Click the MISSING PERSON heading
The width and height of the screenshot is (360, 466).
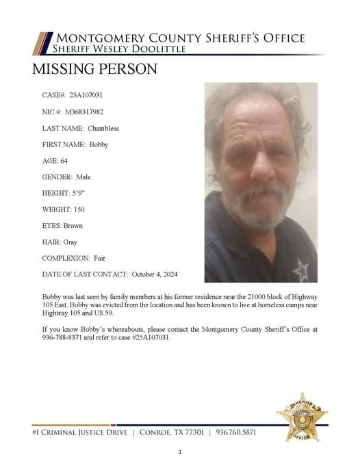pos(94,69)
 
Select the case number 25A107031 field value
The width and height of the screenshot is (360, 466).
pos(86,94)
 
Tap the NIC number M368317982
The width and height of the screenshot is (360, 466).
pos(86,111)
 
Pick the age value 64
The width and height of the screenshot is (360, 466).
pos(64,161)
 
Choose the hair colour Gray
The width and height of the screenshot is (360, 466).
pos(72,242)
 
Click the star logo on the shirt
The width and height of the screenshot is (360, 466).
pos(300,270)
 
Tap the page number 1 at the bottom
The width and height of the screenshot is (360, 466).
pos(180,452)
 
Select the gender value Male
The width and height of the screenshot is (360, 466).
pos(83,177)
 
